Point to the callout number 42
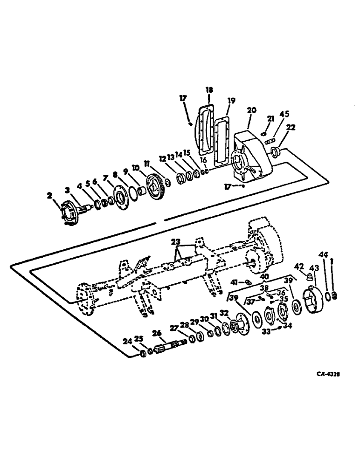pos(300,267)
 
